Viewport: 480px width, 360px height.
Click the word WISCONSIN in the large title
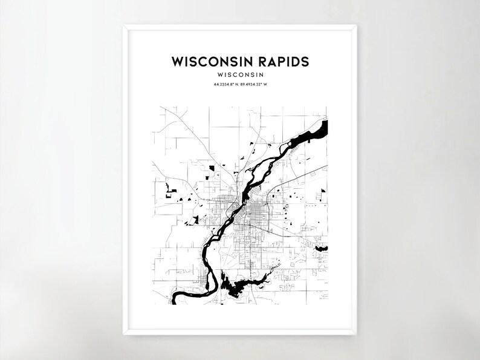[207, 62]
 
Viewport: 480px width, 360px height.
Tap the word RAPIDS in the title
[279, 62]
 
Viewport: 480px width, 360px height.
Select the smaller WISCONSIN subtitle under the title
[240, 74]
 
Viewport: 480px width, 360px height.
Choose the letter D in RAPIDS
[293, 62]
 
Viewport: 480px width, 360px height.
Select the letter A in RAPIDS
[265, 62]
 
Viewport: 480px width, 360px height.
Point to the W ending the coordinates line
[265, 84]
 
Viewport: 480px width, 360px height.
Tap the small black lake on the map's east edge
[321, 247]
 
